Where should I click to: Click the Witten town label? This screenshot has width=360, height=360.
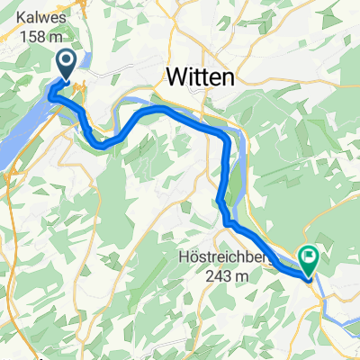(x=199, y=79)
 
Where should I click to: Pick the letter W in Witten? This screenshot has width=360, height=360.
(x=174, y=79)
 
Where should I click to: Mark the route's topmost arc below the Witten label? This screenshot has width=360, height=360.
(x=162, y=109)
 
